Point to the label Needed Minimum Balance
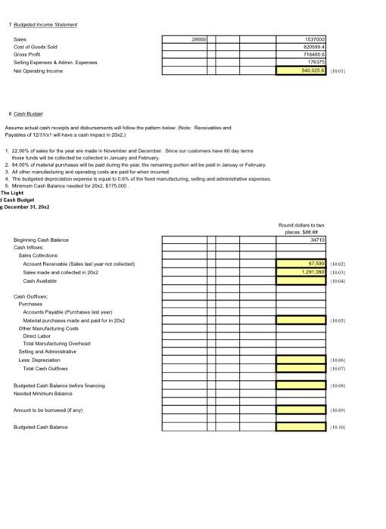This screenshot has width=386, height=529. tap(43, 394)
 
